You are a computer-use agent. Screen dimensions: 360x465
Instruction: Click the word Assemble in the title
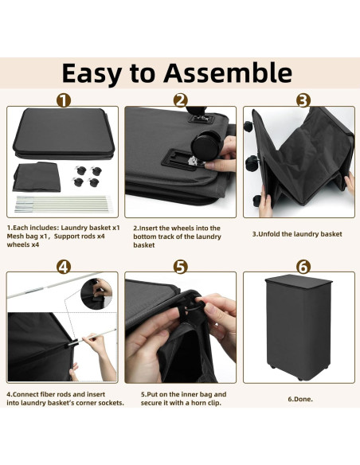click(x=228, y=72)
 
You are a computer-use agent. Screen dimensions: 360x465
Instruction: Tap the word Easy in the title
click(x=92, y=74)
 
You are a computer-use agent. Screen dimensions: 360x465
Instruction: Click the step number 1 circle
click(x=64, y=100)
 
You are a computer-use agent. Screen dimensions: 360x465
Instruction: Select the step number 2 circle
click(x=181, y=100)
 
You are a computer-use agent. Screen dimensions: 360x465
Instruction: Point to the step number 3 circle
click(x=303, y=100)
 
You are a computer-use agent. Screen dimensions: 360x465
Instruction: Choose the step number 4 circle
click(x=64, y=267)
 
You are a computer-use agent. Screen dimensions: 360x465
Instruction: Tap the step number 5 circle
click(x=181, y=267)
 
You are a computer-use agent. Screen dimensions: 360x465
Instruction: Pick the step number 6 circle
click(x=303, y=267)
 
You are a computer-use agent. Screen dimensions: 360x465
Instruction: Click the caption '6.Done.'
click(x=300, y=399)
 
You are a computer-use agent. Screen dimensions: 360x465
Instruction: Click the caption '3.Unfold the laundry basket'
click(x=297, y=234)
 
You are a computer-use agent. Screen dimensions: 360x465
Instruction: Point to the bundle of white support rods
click(x=63, y=204)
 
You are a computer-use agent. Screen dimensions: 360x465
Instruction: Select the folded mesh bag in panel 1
click(x=37, y=177)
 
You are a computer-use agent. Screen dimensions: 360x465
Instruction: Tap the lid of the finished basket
click(x=299, y=279)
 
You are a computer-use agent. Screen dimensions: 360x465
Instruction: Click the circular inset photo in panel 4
click(x=96, y=294)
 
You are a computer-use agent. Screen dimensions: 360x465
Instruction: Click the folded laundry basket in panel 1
click(x=64, y=134)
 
